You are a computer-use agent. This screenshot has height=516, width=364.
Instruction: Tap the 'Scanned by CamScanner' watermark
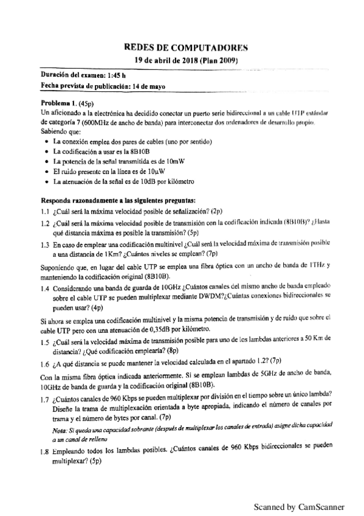pos(299,506)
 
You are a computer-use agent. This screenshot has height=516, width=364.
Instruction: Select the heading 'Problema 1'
pos(58,103)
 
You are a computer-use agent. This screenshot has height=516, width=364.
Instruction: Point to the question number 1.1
pos(44,212)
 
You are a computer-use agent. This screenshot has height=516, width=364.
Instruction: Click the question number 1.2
pos(44,223)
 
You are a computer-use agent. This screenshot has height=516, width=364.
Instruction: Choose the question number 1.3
pos(44,245)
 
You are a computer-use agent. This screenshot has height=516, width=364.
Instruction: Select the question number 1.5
pos(44,342)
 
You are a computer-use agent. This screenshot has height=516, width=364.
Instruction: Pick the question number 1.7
pos(44,399)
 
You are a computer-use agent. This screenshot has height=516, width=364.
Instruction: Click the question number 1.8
pos(44,453)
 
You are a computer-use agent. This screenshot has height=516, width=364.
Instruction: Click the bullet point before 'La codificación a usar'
pos(47,152)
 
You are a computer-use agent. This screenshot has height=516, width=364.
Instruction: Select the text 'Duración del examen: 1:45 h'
pos(83,75)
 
